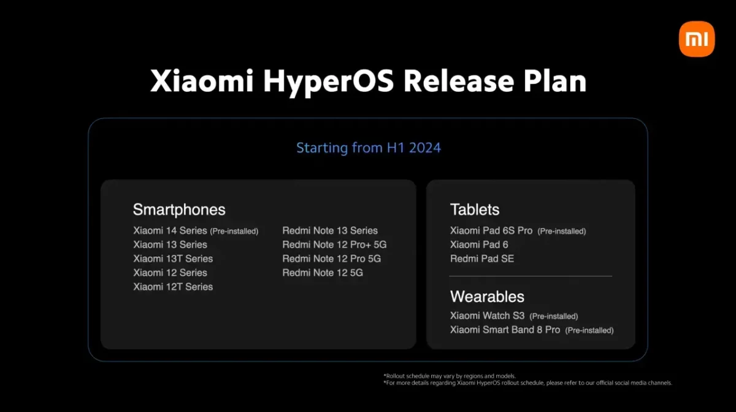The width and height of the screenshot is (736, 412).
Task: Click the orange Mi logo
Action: click(697, 39)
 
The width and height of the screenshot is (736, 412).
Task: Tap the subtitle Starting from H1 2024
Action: click(368, 148)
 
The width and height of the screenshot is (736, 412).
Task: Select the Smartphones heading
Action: click(179, 210)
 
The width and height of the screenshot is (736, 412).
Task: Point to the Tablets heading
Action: click(475, 210)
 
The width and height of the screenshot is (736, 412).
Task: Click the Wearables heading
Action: click(487, 297)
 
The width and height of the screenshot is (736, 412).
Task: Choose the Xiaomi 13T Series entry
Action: click(173, 259)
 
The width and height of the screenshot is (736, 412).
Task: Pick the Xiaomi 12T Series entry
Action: click(173, 287)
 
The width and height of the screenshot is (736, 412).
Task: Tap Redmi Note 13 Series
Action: click(330, 231)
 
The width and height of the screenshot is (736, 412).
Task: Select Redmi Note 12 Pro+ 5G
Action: click(334, 245)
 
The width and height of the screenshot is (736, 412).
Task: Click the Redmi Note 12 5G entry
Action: click(323, 273)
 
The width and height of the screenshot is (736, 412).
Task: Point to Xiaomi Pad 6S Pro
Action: click(491, 231)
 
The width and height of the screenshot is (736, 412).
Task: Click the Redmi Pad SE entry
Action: click(482, 259)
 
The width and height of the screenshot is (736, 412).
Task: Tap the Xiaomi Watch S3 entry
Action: click(487, 316)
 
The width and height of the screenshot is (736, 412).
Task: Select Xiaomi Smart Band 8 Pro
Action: click(505, 330)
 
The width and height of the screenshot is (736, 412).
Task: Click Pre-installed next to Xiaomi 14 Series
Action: click(234, 232)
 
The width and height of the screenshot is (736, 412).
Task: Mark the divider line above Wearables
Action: click(531, 277)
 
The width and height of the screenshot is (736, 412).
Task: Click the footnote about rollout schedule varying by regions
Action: click(450, 376)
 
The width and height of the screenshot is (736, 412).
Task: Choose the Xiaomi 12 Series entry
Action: click(170, 273)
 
